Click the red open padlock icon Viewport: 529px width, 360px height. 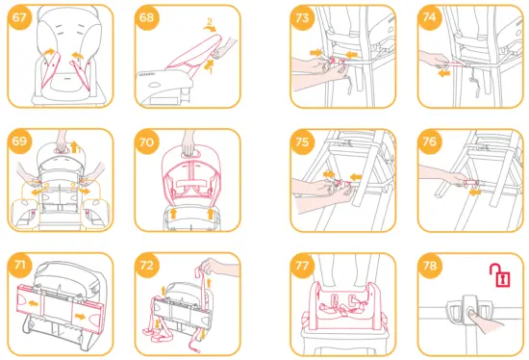point(501,275)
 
